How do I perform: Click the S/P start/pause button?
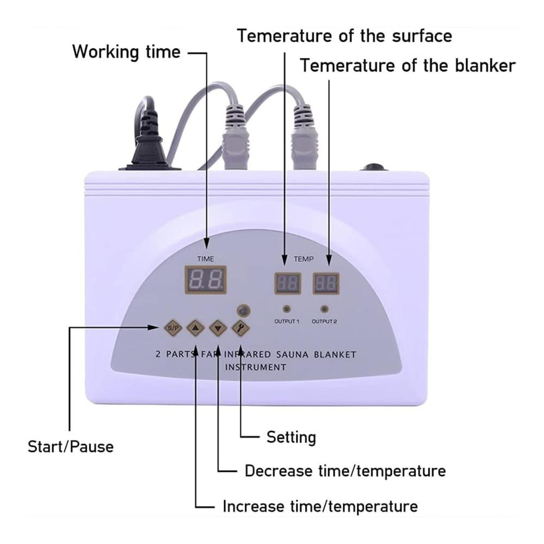[x=173, y=327]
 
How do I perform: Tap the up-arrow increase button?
[x=196, y=327]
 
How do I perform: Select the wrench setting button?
[x=240, y=327]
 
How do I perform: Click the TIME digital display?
[x=206, y=280]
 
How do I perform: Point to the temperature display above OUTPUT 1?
[x=288, y=283]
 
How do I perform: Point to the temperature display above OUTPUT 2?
[x=326, y=283]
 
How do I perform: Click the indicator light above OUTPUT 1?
[x=287, y=309]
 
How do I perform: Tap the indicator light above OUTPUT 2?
[x=324, y=309]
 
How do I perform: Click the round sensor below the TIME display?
[x=244, y=311]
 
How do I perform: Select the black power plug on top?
[x=149, y=139]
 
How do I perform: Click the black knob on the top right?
[x=374, y=167]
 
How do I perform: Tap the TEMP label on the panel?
[x=304, y=259]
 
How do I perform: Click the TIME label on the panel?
[x=206, y=259]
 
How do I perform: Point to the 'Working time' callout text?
[x=126, y=52]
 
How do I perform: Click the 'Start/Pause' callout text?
[x=71, y=447]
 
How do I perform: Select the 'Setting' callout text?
[x=291, y=437]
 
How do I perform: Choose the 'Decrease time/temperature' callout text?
[x=345, y=471]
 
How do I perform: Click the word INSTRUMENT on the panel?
[x=256, y=367]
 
